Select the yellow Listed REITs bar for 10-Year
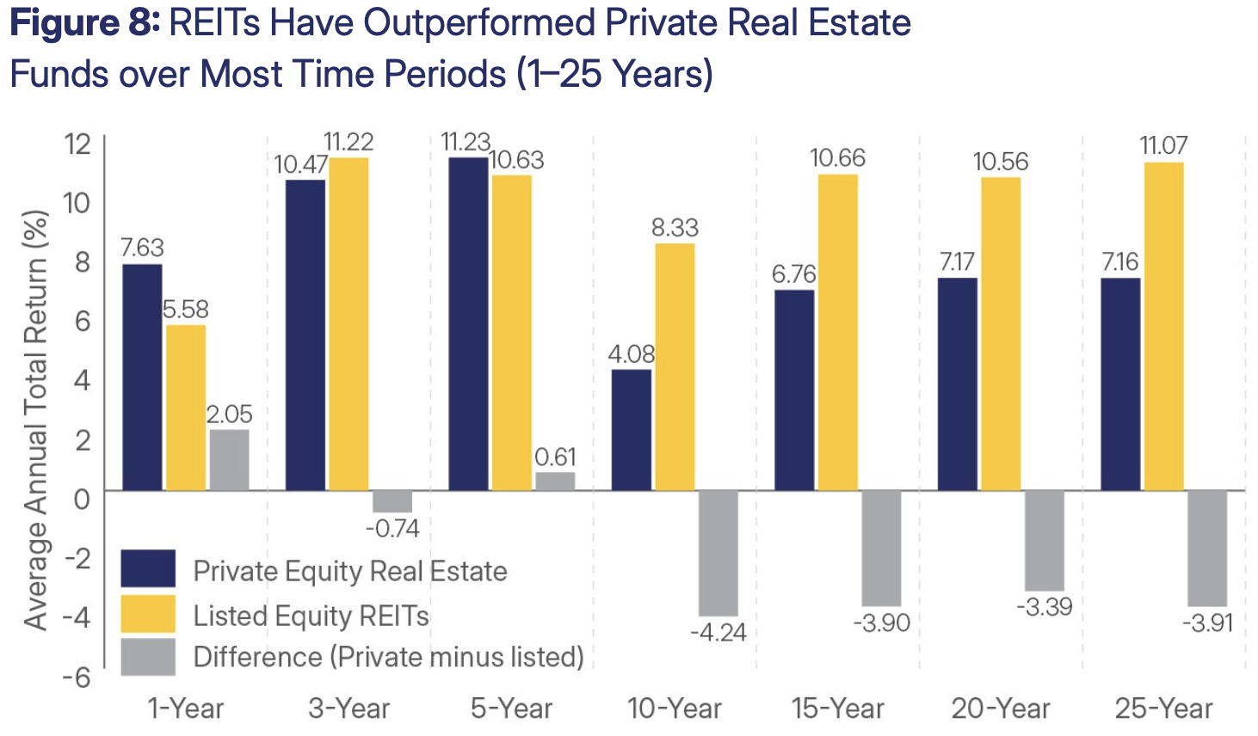675,366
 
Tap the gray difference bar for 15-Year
881,548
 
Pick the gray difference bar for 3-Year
392,501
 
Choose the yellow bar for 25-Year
1163,326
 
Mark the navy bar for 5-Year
468,323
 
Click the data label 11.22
348,142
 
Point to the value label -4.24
718,634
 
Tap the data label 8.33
675,228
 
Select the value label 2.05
229,414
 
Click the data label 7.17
957,261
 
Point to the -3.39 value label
1044,607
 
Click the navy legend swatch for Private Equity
148,568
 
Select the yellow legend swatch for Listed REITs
148,614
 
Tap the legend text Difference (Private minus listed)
388,657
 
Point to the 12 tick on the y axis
77,143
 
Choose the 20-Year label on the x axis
1001,708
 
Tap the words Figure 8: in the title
84,23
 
